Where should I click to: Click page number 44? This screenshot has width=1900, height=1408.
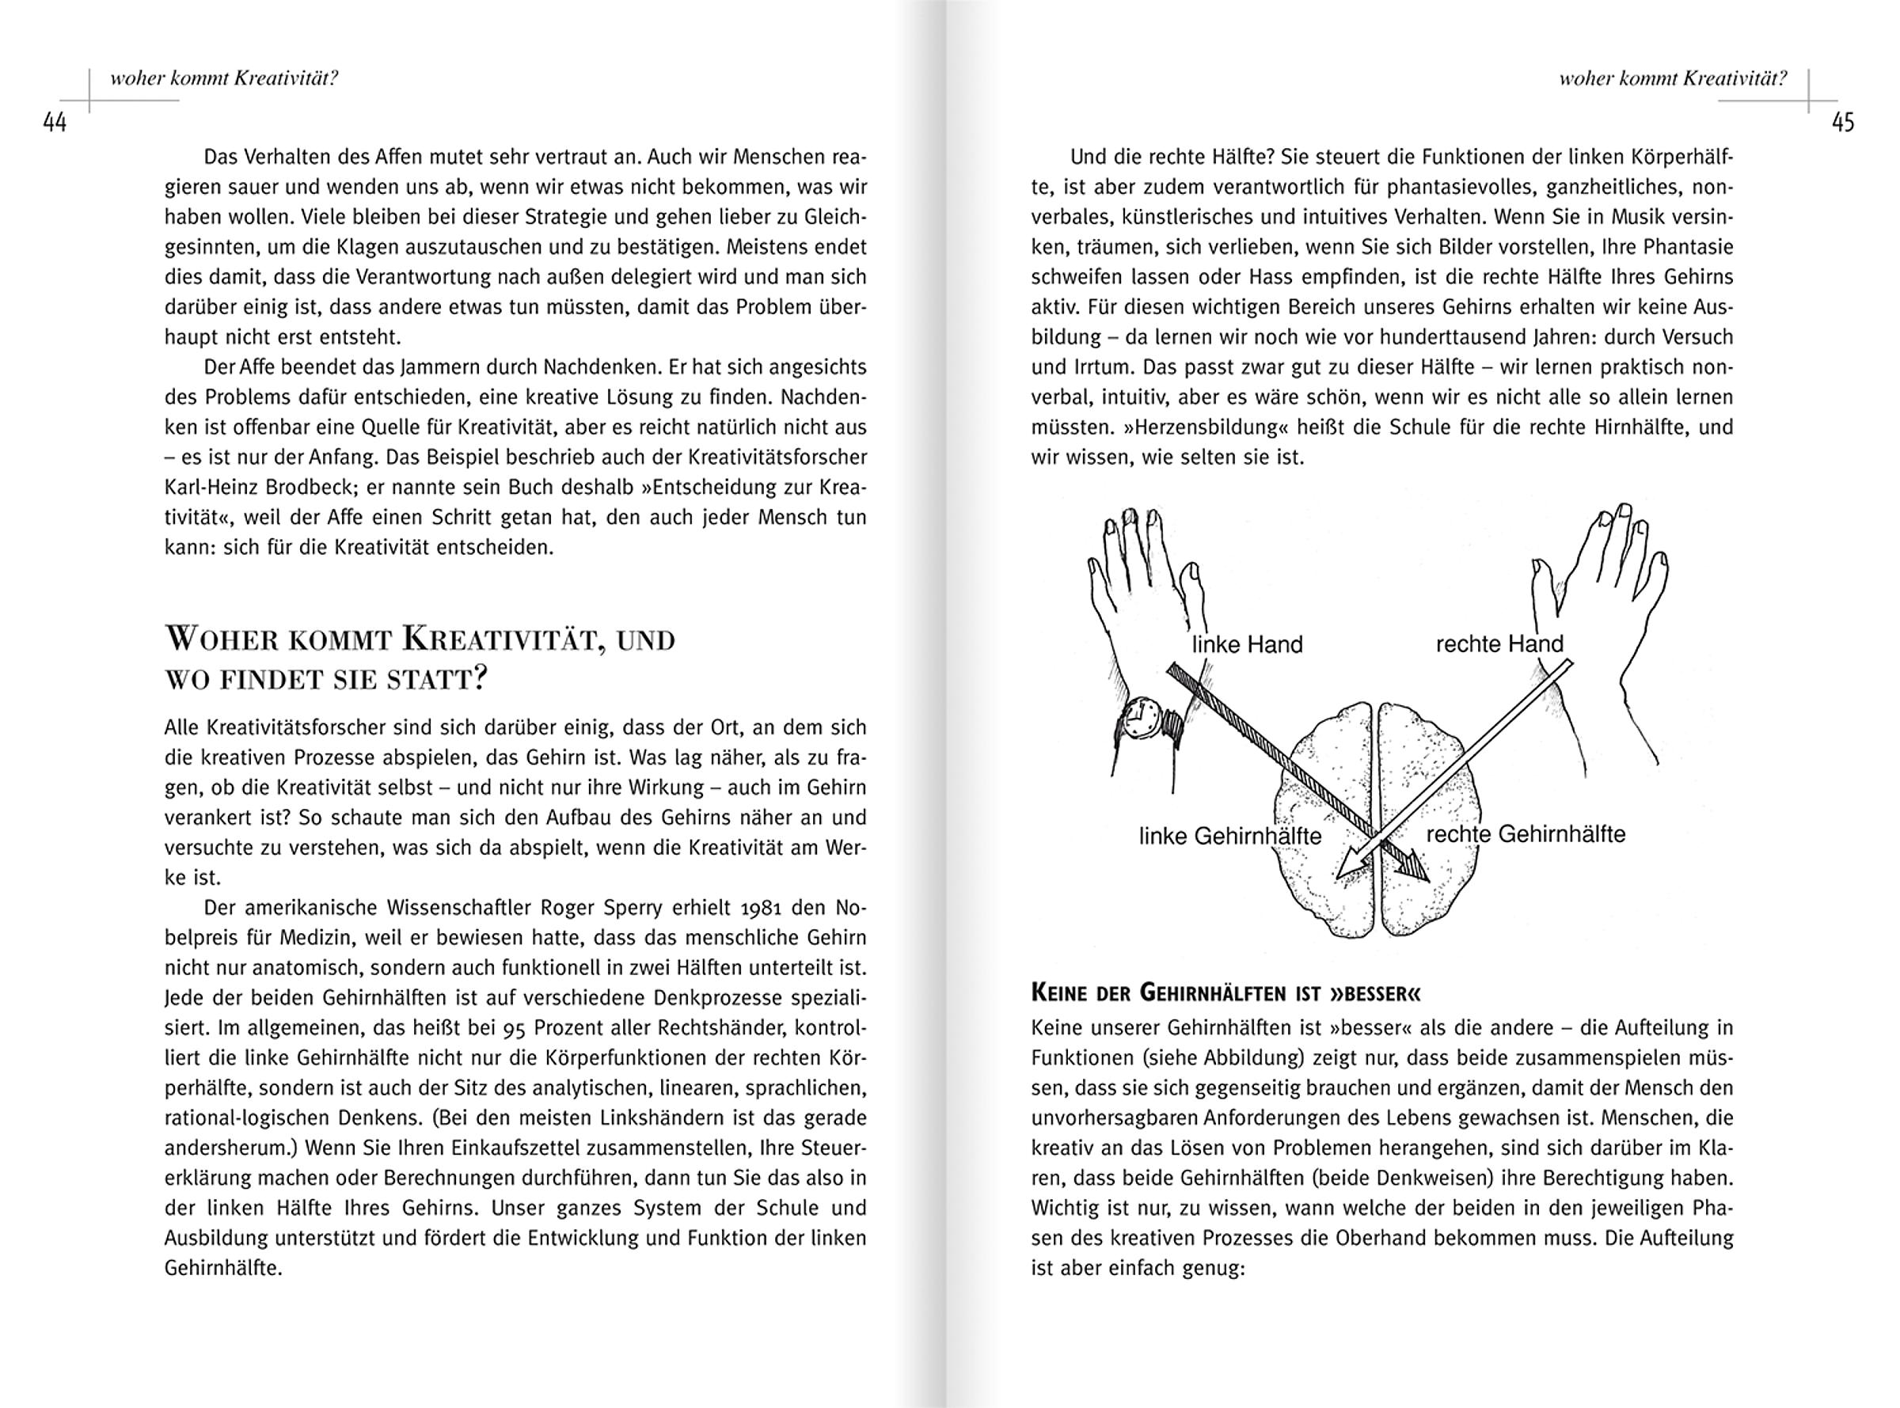click(x=55, y=123)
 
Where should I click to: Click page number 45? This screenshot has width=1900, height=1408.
click(x=1843, y=123)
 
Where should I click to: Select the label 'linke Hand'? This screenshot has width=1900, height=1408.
click(x=1247, y=644)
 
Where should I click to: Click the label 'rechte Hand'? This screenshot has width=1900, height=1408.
click(x=1499, y=643)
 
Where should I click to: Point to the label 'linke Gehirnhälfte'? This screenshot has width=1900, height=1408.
click(x=1230, y=836)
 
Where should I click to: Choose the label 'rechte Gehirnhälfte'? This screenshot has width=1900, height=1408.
click(x=1526, y=833)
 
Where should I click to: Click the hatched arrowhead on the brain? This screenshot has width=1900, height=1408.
click(x=1411, y=867)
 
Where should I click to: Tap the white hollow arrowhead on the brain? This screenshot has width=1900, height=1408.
click(x=1352, y=866)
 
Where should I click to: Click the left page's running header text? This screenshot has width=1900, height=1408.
click(x=224, y=79)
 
